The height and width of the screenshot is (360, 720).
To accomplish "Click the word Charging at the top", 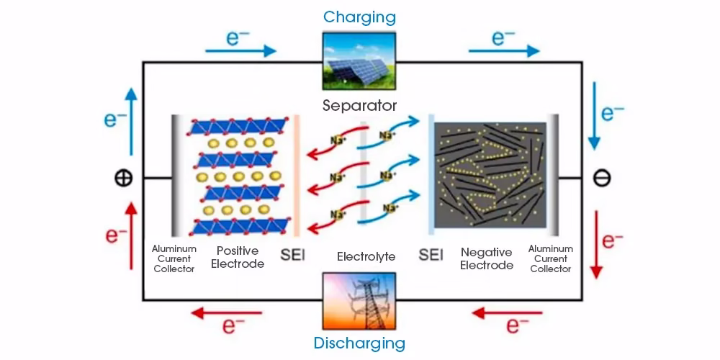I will (x=359, y=16).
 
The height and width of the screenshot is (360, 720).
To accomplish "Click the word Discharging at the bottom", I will (x=359, y=343).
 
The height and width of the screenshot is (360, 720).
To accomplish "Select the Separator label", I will (x=359, y=106).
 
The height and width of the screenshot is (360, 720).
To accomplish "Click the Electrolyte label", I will (x=366, y=256).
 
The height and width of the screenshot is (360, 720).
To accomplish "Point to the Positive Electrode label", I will (x=240, y=257).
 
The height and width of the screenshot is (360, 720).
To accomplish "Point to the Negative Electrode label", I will (x=487, y=258).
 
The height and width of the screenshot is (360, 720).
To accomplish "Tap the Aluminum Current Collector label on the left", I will (x=174, y=258).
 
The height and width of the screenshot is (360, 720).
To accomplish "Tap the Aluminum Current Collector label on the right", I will (x=550, y=258).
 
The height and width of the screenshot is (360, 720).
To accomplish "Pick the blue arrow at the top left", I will (x=240, y=50).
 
